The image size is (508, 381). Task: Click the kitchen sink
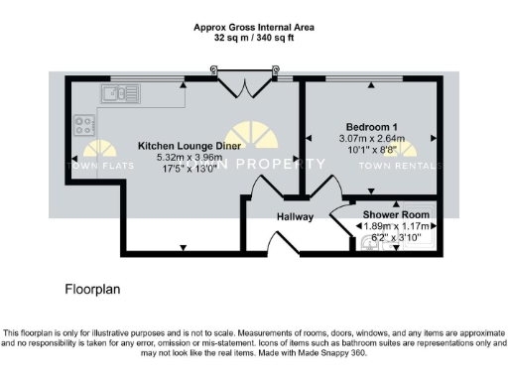120,94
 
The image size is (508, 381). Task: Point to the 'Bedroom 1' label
373,126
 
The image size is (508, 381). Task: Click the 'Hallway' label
295,216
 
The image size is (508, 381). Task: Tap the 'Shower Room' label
395,214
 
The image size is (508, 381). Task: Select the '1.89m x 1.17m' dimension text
395,226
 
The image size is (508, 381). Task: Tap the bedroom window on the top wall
370,79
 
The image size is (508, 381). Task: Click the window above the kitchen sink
138,79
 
